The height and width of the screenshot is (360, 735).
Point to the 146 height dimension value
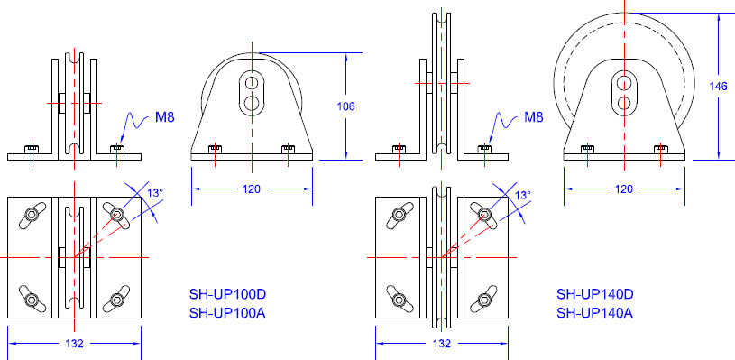(719, 86)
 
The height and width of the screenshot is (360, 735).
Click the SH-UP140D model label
(595, 293)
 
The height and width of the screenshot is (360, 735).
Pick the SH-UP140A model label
(595, 313)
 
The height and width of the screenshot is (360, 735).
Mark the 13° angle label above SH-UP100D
(155, 193)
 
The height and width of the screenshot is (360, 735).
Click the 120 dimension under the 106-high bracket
(252, 189)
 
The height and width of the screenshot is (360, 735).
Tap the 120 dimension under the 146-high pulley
(623, 189)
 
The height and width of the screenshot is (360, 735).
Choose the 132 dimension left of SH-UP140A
(442, 344)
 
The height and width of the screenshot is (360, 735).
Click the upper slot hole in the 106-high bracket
(252, 84)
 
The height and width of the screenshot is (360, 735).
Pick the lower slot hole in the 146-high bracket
(623, 103)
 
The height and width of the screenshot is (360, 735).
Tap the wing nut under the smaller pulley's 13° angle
(116, 214)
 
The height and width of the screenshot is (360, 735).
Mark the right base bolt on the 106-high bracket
(288, 148)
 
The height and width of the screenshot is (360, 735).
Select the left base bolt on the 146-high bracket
(587, 148)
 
